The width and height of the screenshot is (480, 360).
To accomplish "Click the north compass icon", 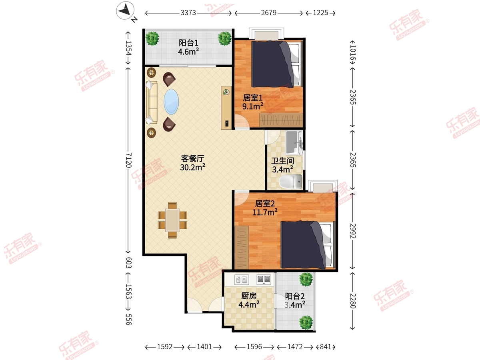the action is pyautogui.click(x=125, y=10).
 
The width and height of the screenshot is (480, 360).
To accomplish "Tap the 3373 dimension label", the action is pyautogui.click(x=188, y=13).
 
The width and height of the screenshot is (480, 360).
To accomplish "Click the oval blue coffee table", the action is pyautogui.click(x=171, y=102).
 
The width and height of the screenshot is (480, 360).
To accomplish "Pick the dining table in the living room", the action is pyautogui.click(x=172, y=220).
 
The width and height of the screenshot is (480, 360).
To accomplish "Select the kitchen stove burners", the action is pyautogui.click(x=264, y=279).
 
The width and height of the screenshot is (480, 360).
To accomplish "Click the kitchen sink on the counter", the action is pyautogui.click(x=241, y=280).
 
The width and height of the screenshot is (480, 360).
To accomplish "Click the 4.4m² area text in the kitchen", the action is pyautogui.click(x=249, y=304).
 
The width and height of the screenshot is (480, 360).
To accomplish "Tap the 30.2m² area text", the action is pyautogui.click(x=193, y=167).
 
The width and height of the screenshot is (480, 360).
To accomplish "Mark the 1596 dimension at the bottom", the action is pyautogui.click(x=254, y=347).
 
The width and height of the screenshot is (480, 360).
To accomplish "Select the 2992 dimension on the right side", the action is pyautogui.click(x=353, y=231).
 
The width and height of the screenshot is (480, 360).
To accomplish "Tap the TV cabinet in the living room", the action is pyautogui.click(x=226, y=108).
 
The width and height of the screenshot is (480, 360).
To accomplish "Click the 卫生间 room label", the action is pyautogui.click(x=282, y=161).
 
